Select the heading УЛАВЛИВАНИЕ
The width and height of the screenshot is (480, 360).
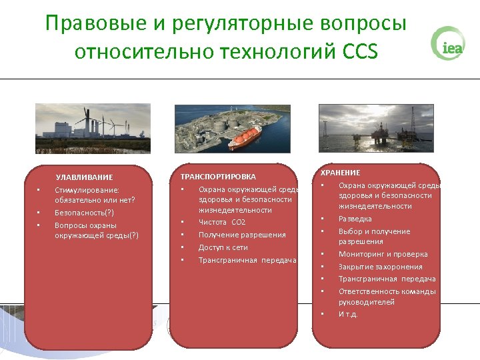point(84,177)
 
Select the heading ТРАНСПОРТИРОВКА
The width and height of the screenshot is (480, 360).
point(218,177)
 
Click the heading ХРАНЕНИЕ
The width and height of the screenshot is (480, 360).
point(340,173)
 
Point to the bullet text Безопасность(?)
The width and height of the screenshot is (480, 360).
point(84,213)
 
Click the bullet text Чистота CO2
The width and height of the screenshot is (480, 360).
point(221,222)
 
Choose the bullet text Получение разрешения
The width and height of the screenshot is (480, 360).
point(242,235)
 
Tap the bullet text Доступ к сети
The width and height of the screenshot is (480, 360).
point(223,247)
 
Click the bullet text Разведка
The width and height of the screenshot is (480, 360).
point(355,219)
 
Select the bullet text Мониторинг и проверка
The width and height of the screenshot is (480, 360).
point(383,254)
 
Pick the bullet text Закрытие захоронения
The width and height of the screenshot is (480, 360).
point(380,267)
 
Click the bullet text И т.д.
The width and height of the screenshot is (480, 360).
point(348,314)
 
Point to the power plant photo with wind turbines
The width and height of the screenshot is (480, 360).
point(93,128)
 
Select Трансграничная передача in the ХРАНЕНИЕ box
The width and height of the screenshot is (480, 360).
point(387,279)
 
